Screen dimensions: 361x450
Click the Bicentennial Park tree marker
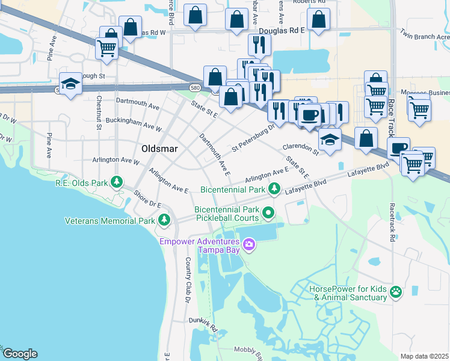point(274,190)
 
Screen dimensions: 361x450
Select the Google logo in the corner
point(20,354)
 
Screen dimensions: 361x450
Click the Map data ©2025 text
point(425,356)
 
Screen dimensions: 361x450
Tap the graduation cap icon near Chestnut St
point(70,84)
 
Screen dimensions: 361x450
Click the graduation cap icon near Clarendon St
point(330,140)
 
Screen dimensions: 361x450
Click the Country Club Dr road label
point(188,280)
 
